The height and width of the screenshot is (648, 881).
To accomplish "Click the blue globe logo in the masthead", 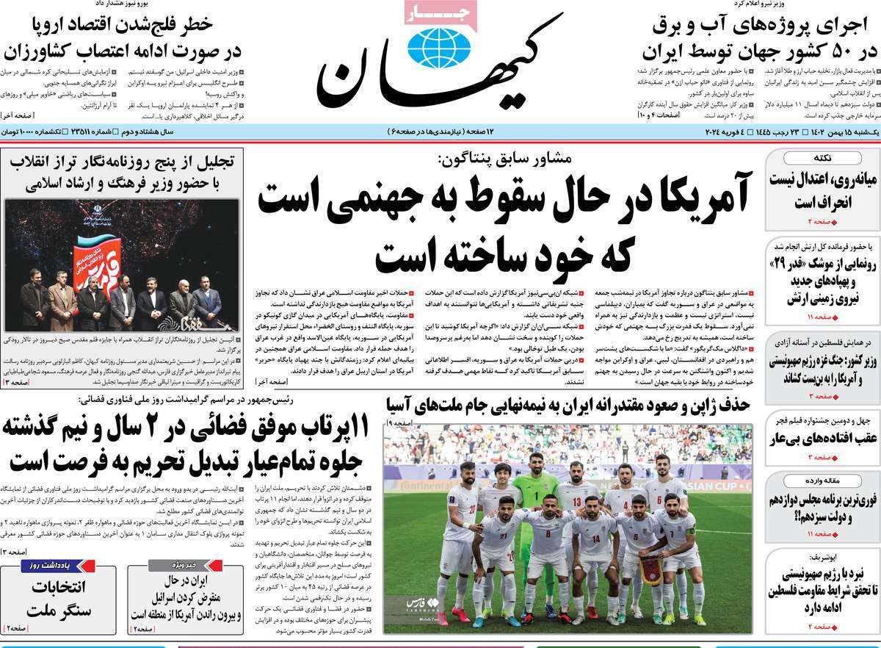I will click(439, 46).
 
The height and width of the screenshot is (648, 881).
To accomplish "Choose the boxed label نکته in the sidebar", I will click(822, 159).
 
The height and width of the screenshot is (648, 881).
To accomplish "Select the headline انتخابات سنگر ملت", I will click(59, 598).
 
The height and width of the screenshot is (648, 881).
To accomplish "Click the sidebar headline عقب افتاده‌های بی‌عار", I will click(822, 439).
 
